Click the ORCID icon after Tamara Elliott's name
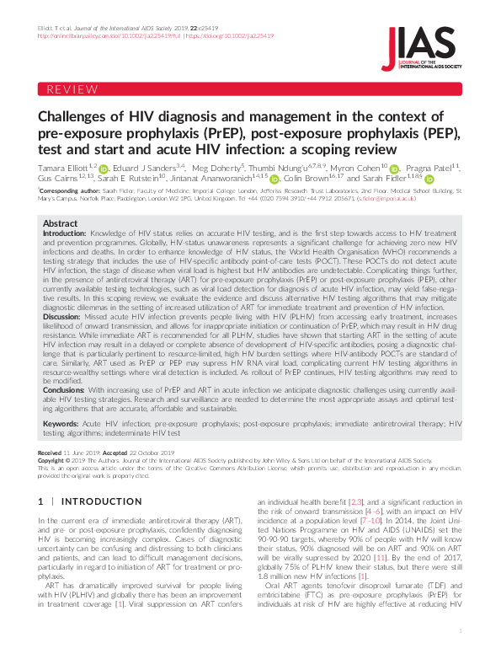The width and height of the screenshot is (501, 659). click(x=103, y=169)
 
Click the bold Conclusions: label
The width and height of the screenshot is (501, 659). click(x=64, y=389)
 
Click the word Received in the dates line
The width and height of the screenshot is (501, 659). click(x=50, y=453)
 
